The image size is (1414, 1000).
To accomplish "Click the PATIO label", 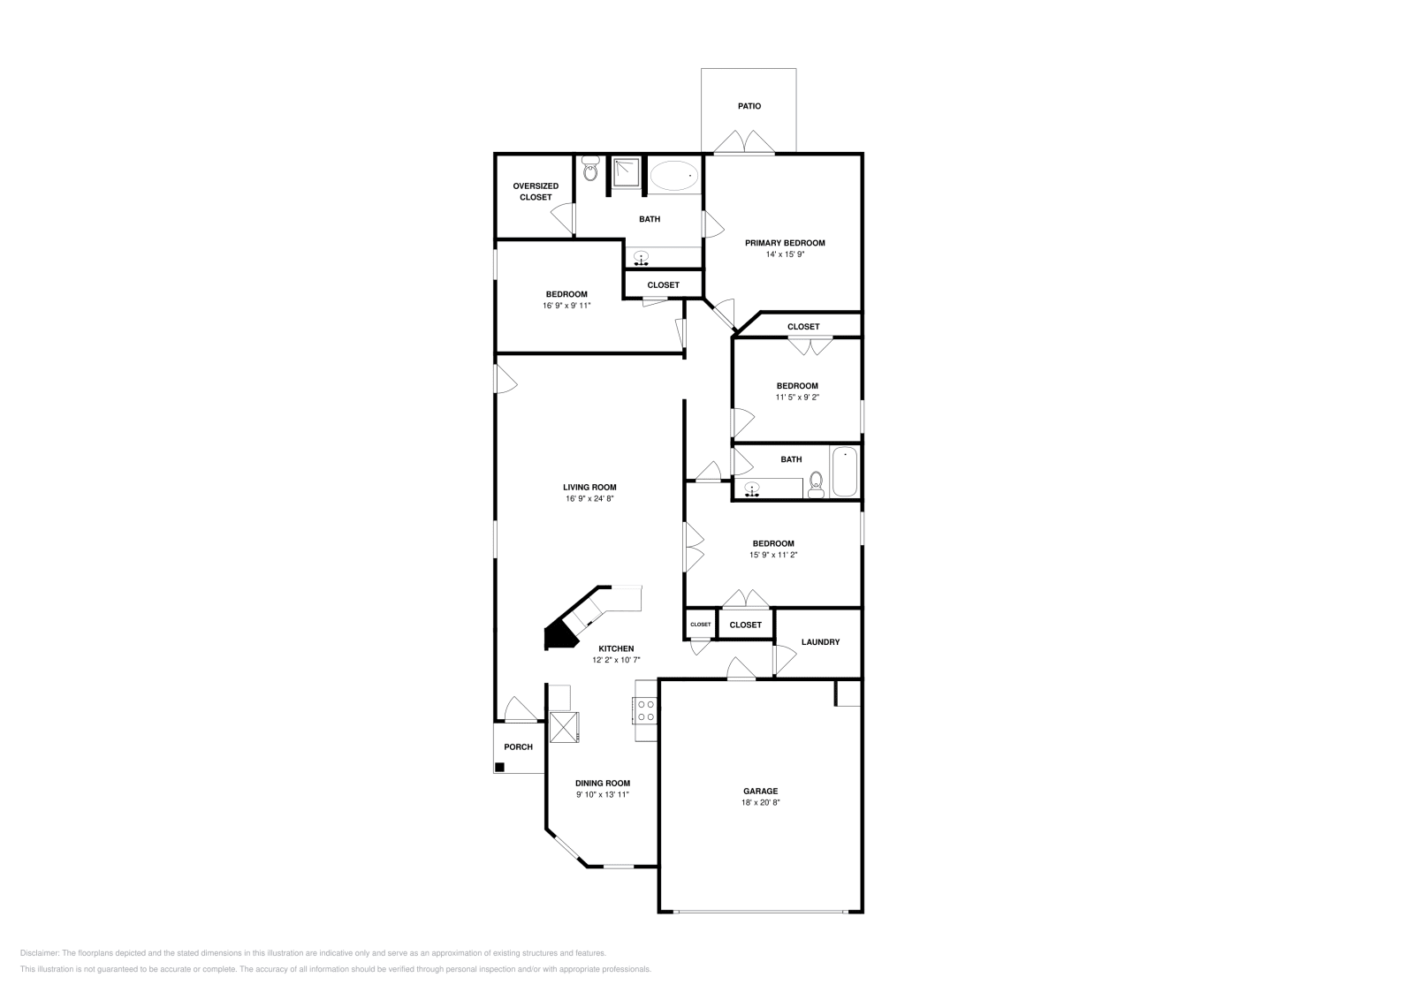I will click(x=749, y=106).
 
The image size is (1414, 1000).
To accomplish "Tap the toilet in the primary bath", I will click(x=590, y=170).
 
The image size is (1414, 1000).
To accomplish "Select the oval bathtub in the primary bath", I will click(x=675, y=176).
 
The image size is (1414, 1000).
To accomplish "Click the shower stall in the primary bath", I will click(x=627, y=173).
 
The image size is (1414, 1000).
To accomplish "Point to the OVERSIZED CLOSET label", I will click(x=536, y=192).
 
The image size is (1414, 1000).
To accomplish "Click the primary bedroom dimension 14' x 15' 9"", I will click(x=785, y=254).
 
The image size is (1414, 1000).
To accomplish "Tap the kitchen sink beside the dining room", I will click(x=564, y=726).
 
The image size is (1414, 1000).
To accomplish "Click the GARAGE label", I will click(x=760, y=792).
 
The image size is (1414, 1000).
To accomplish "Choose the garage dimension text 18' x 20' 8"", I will click(x=760, y=803).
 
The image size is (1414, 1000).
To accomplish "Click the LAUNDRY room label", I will click(x=820, y=642).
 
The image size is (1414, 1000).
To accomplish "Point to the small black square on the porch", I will click(x=499, y=767).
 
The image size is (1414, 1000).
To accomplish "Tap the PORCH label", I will click(x=518, y=747).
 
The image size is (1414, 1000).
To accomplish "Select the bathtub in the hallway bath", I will click(x=844, y=472).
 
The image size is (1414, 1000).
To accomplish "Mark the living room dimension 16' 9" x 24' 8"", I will click(x=589, y=499).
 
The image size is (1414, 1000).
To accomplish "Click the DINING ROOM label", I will click(x=603, y=783).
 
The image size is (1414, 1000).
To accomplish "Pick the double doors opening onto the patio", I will click(x=744, y=143).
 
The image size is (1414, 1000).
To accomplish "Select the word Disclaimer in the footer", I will click(x=39, y=953).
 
